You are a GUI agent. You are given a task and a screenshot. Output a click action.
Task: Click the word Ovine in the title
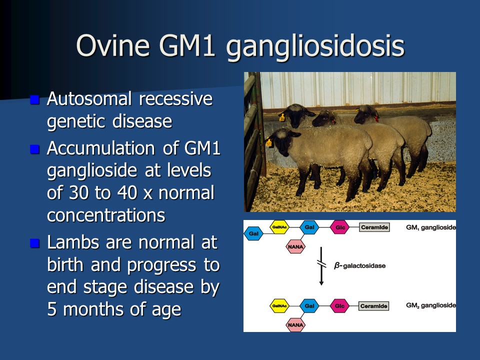tap(113, 45)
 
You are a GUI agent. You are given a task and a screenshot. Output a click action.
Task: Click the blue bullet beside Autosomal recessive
tap(35, 99)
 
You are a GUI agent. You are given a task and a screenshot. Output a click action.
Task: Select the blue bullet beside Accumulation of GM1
tap(35, 149)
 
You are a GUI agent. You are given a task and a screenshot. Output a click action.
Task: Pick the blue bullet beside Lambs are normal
tap(35, 243)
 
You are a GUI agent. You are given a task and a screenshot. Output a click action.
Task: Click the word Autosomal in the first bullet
tap(89, 98)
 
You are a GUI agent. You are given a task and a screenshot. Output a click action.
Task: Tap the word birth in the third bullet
tap(65, 264)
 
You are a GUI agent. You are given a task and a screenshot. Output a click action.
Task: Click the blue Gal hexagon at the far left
tap(253, 233)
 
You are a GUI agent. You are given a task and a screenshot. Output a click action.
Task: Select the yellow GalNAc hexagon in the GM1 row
tap(279, 227)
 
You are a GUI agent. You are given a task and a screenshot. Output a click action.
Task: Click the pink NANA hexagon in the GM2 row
tap(295, 325)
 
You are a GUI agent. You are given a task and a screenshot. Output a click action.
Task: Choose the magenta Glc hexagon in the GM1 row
tap(340, 227)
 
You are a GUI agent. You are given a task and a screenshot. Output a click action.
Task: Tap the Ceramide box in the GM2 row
tap(374, 306)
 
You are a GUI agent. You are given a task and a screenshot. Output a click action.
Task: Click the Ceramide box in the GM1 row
tap(374, 227)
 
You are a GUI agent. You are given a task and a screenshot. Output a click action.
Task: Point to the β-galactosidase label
tap(359, 265)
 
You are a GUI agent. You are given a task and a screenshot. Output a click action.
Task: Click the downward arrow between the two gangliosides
tap(321, 266)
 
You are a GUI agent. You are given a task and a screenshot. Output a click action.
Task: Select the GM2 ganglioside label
tap(430, 305)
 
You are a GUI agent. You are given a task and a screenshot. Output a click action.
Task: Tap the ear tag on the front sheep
tap(269, 143)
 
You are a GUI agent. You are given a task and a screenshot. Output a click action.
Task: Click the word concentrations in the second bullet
tap(106, 215)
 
